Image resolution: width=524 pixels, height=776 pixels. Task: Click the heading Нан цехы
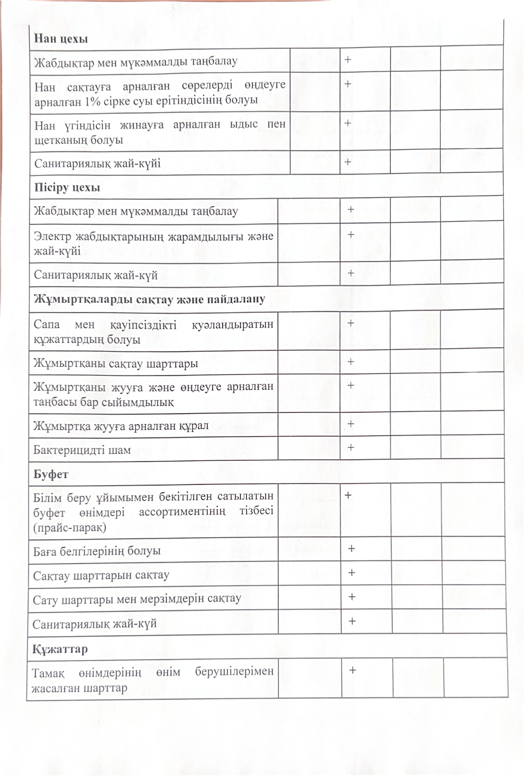pyautogui.click(x=61, y=39)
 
